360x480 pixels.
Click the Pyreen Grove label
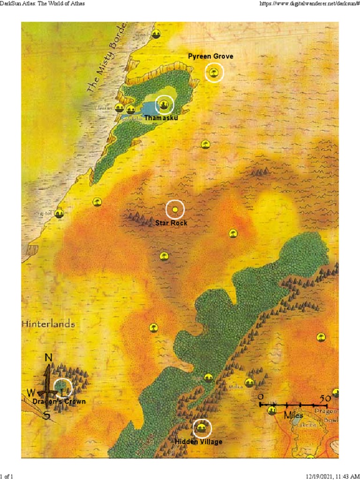[x=210, y=56]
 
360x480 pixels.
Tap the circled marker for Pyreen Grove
[x=214, y=73]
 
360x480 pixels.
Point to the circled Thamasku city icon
[x=164, y=105]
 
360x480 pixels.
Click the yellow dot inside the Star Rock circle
[x=175, y=210]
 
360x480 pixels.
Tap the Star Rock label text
[x=171, y=223]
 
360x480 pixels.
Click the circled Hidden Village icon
[x=202, y=427]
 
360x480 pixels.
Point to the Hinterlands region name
[x=48, y=324]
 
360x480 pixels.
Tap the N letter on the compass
[x=48, y=358]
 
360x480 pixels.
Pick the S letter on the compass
[x=46, y=415]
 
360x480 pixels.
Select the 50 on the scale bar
[x=324, y=398]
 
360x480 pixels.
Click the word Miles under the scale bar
[x=293, y=415]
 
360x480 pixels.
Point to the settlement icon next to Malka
[x=249, y=382]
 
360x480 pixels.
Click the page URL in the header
[x=308, y=4]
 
